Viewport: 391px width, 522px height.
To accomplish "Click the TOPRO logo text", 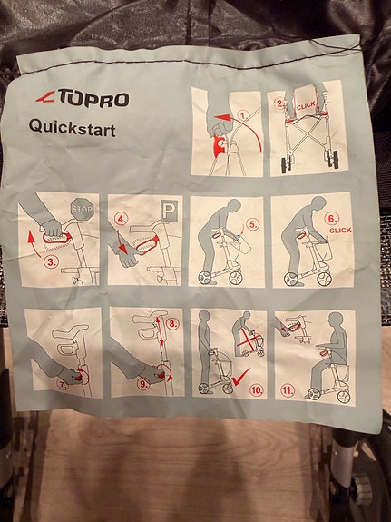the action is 93,98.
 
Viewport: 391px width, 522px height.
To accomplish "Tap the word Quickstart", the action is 73,128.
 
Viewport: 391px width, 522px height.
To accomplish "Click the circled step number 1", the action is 245,116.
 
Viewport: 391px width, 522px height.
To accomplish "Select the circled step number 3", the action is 50,262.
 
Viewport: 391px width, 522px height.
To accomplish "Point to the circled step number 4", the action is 122,219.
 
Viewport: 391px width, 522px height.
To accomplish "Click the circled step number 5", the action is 252,224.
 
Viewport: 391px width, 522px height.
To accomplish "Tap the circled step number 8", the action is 173,324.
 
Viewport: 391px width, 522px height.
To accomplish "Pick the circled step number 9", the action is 143,385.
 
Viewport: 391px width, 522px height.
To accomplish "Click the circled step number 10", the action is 257,389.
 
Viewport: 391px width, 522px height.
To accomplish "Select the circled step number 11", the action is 288,390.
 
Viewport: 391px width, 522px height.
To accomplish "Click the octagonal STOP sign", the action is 82,210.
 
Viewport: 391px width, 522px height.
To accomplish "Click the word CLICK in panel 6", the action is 340,230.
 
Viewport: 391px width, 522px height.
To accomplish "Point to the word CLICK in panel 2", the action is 306,106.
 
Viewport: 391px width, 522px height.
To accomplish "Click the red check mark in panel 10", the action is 240,377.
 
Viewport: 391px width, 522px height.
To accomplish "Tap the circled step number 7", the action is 63,385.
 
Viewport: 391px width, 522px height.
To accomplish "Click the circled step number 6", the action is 333,219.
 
